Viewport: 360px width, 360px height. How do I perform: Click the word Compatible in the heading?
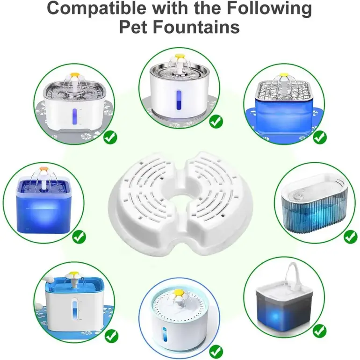coord(96,9)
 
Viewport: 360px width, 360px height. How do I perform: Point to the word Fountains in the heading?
coord(196,27)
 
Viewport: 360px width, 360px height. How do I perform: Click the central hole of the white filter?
coord(180,191)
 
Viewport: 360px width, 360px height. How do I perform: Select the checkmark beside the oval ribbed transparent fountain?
coord(351,237)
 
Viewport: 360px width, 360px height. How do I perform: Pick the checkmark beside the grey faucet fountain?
coord(320,331)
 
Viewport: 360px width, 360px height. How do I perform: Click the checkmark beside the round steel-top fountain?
coord(216,122)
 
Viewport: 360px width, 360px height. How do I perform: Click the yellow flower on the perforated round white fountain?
coord(178,292)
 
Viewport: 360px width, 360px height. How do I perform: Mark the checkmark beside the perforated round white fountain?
coord(216,352)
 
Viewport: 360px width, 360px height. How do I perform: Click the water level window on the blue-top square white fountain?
coord(75,310)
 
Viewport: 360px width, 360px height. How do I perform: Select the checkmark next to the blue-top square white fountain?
coord(111,336)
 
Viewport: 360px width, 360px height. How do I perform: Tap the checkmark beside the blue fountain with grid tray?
coord(320,137)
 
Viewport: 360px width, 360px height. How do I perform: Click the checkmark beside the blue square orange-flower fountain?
coord(79,237)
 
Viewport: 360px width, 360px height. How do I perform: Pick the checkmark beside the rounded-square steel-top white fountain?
coord(110,137)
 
